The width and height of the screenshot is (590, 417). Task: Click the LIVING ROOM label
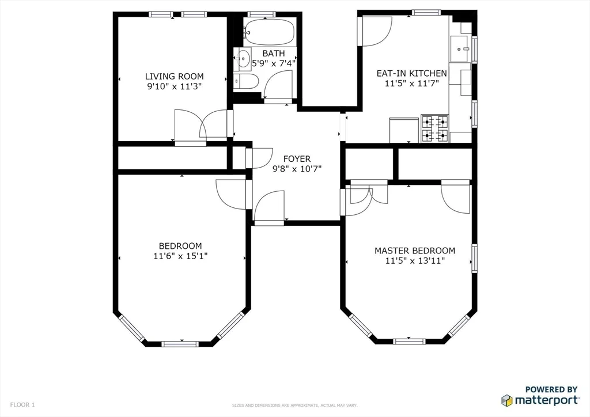coord(174,77)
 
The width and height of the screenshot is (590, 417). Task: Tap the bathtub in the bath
coord(269,31)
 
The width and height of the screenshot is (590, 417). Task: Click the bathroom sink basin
coord(244,58)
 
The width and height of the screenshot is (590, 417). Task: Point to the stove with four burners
coord(435,128)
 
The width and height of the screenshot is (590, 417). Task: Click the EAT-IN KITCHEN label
coord(411,73)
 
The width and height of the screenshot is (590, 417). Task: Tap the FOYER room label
coord(297,159)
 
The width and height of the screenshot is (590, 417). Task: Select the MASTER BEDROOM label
coord(415,251)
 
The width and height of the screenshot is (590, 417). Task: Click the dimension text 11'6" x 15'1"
coord(181,256)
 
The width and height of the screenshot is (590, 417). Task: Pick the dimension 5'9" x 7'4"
coord(273,63)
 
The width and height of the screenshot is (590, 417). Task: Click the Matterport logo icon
coord(506,400)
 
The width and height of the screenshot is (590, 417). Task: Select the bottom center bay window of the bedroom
coord(180,344)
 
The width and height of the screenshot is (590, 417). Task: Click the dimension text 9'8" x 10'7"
coord(297,169)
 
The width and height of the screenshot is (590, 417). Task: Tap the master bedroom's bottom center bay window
coord(409,341)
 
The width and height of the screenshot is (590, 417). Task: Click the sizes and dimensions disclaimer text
coord(294,405)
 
